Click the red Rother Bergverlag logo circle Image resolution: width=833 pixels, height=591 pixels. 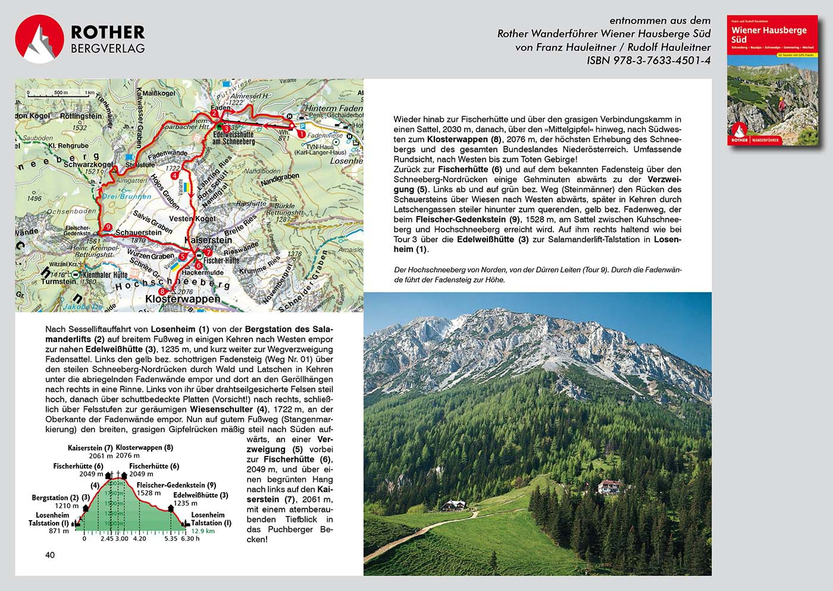point(39,39)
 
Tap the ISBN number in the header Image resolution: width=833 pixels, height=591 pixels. point(649,60)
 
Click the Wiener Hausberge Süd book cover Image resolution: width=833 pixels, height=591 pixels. point(772,81)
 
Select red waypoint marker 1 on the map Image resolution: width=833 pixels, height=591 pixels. point(301,134)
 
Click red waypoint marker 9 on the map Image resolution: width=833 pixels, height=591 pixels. point(107,227)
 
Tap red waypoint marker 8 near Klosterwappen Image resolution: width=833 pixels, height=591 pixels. point(162,291)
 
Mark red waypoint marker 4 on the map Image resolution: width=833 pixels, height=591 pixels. point(174,176)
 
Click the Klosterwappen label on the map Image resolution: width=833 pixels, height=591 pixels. point(183,299)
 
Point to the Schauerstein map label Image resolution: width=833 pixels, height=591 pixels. point(139,233)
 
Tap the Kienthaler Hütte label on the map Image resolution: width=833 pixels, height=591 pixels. point(105,275)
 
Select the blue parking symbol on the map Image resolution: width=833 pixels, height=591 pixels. point(302,126)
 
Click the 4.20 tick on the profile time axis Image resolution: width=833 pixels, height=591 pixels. point(139,539)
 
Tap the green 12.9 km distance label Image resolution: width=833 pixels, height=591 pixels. point(202,531)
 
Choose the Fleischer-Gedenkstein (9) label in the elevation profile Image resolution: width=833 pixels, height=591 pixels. point(174,485)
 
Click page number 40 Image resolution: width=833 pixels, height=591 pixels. point(50,555)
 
